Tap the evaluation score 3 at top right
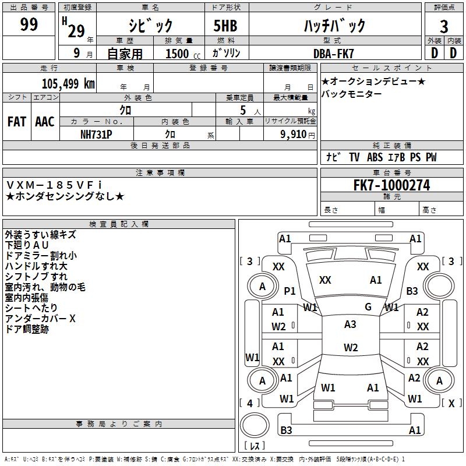pos(444,27)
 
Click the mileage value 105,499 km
pos(68,84)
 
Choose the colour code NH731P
pos(97,133)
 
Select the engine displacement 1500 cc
pos(178,54)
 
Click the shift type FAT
pos(16,122)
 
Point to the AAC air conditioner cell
pos(45,122)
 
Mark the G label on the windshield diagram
pos(368,306)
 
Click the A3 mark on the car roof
pos(350,324)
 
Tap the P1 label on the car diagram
pos(290,291)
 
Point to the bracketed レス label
pos(255,446)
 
